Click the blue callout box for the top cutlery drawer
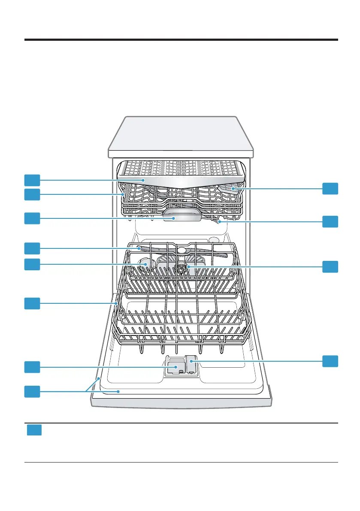coord(32,180)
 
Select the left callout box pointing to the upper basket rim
coord(32,194)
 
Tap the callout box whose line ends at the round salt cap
coord(32,264)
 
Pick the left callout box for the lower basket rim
coord(32,304)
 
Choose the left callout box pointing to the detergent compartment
coord(32,367)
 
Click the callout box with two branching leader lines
coord(32,391)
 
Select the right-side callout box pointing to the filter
coord(330,266)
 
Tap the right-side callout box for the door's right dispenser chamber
coord(330,361)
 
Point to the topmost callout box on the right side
coord(330,188)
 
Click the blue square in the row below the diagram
coord(34,430)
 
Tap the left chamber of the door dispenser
coord(173,367)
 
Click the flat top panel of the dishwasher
coord(180,133)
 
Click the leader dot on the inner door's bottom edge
coord(118,391)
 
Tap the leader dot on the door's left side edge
coord(99,378)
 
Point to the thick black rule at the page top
coord(180,40)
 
